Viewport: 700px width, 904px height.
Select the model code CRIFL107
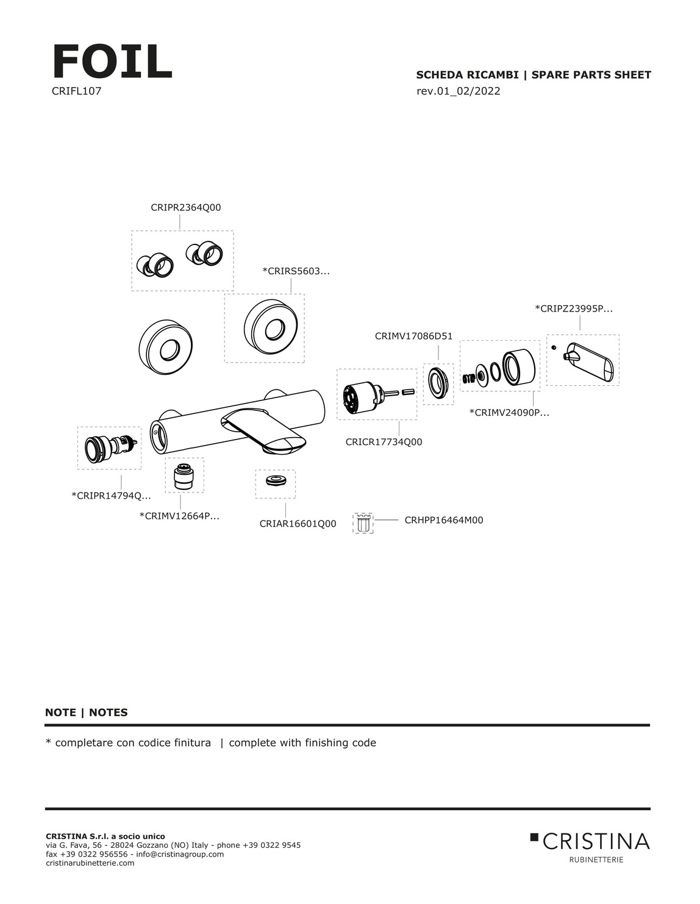click(77, 91)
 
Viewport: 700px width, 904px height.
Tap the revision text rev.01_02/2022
click(458, 91)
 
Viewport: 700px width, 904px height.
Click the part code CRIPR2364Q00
click(185, 207)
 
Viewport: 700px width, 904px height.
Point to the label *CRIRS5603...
click(296, 271)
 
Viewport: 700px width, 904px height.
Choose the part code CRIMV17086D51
click(413, 336)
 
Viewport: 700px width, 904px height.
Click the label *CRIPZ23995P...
click(574, 308)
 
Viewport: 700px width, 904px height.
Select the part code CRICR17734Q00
click(384, 442)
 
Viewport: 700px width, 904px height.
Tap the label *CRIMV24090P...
click(509, 413)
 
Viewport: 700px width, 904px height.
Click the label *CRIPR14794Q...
click(111, 496)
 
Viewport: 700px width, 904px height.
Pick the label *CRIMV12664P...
click(179, 516)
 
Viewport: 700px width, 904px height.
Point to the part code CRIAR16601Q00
click(298, 524)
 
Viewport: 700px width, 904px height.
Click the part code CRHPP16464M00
click(444, 520)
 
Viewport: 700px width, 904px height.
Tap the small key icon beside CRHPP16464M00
click(363, 524)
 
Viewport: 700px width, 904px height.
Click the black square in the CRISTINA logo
click(534, 836)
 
